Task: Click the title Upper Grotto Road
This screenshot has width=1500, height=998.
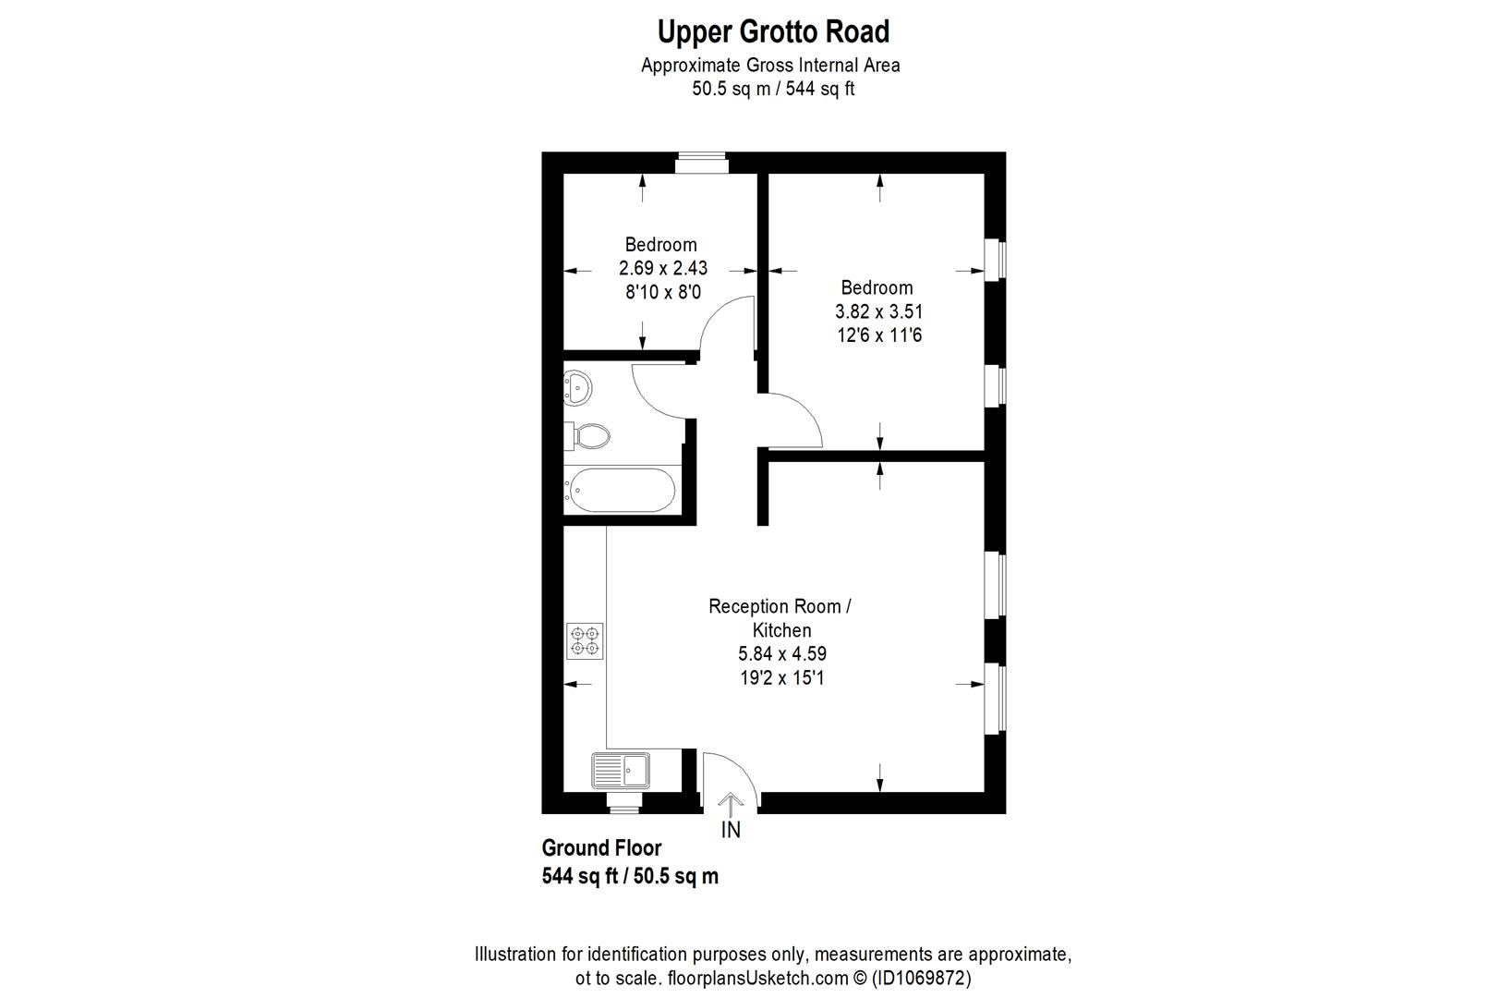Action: (773, 32)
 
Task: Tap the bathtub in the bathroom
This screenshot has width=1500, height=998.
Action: (621, 491)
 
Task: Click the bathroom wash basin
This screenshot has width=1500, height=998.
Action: (578, 388)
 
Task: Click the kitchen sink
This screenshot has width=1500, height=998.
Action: (622, 770)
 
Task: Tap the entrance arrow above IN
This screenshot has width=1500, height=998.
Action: (731, 803)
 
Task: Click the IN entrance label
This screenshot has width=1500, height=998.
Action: (731, 830)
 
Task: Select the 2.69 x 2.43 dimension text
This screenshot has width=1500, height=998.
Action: (662, 269)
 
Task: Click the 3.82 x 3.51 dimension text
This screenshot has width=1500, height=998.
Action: (878, 311)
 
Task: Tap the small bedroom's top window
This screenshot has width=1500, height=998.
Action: (700, 164)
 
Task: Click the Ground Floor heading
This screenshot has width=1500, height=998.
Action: (601, 848)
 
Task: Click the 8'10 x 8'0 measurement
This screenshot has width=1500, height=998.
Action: (662, 292)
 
